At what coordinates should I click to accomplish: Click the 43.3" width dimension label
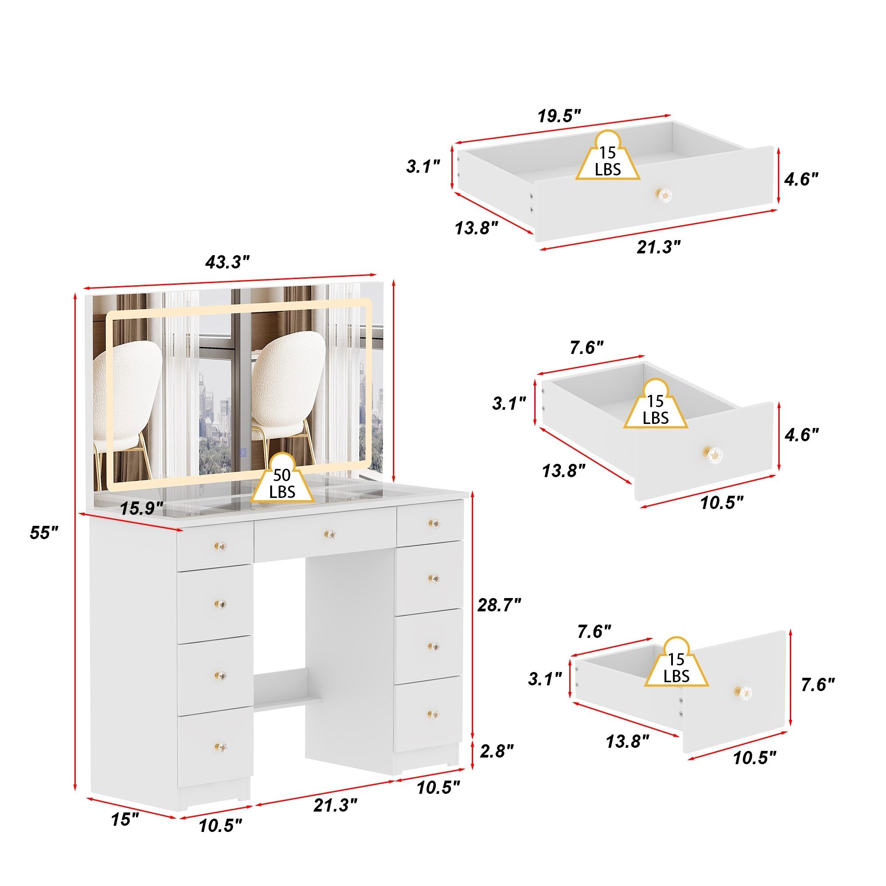[x=227, y=263]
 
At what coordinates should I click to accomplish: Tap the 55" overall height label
[x=44, y=532]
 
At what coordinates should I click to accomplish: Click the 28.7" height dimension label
[x=499, y=605]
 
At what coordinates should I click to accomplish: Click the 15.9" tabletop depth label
[x=141, y=509]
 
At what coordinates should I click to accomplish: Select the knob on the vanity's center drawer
[x=328, y=534]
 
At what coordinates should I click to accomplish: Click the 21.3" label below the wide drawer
[x=659, y=247]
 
